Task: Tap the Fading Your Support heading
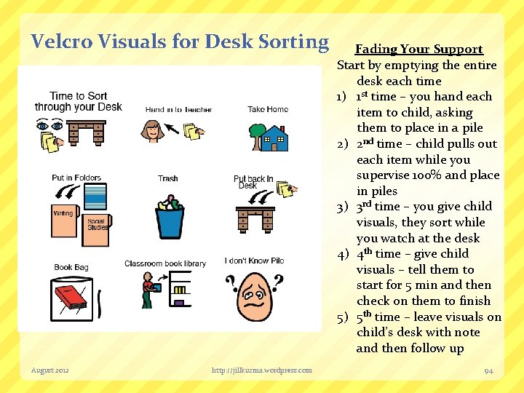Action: point(418,49)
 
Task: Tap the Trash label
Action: point(167,178)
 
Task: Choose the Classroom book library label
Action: point(164,263)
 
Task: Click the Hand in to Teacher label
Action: point(178,110)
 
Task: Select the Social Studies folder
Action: point(96,223)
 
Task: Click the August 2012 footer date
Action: point(50,370)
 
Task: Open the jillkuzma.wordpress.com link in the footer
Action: point(261,370)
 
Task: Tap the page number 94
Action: point(488,370)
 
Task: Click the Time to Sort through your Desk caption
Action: point(78,101)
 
